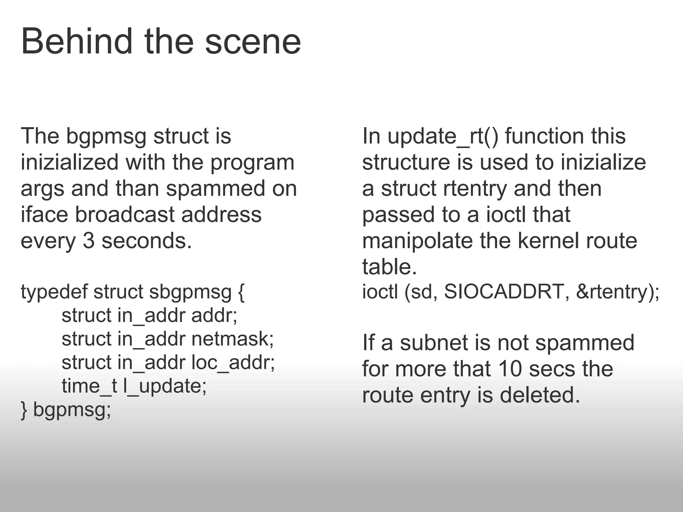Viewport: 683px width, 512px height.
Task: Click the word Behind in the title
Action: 77,42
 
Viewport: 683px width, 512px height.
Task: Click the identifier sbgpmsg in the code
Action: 190,292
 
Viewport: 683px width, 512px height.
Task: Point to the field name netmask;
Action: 232,339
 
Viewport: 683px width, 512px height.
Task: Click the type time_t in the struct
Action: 89,386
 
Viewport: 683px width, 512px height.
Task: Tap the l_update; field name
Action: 165,386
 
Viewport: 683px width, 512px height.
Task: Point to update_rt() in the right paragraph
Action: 443,136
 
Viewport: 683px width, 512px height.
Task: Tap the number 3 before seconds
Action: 89,241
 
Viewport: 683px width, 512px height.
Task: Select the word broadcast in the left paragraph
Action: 125,215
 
